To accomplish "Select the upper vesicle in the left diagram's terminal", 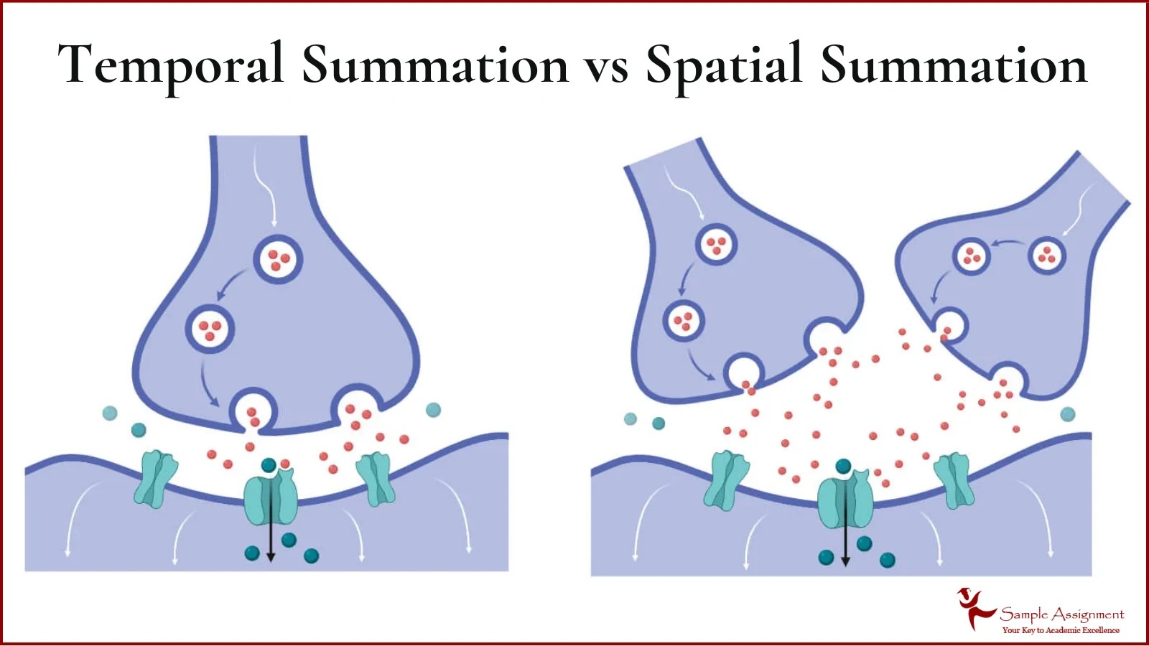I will tap(278, 259).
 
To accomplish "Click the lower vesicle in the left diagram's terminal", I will tap(210, 329).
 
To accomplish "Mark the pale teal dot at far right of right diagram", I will tap(1068, 414).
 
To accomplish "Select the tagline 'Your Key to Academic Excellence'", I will tap(1061, 630).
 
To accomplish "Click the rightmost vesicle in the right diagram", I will tap(1046, 256).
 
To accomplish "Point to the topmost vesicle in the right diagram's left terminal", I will tap(716, 244).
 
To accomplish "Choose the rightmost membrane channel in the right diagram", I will tap(954, 479).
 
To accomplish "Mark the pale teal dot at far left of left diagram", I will tap(110, 413).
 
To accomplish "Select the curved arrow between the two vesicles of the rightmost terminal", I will tap(1009, 244).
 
